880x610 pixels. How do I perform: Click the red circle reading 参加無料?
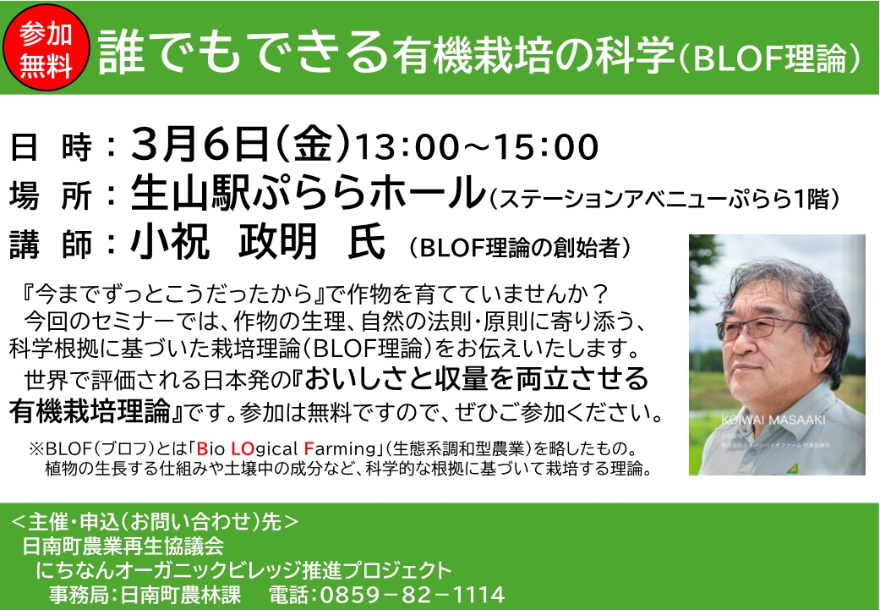click(47, 48)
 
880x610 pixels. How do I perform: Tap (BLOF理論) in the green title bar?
click(769, 56)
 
